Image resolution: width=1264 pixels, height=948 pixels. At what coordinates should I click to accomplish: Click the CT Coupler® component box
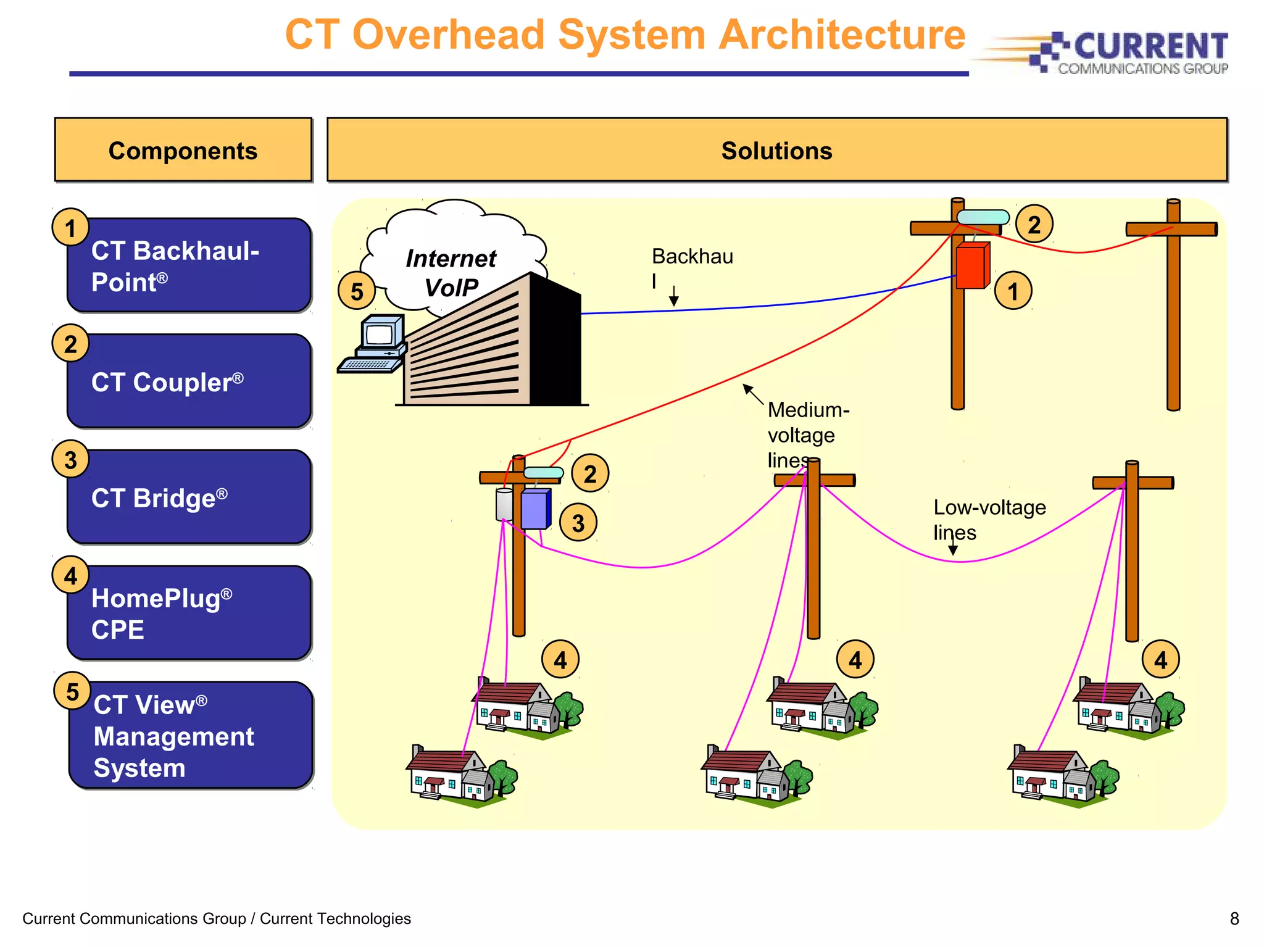pyautogui.click(x=189, y=381)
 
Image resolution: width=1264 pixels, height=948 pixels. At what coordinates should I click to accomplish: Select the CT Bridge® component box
pyautogui.click(x=189, y=497)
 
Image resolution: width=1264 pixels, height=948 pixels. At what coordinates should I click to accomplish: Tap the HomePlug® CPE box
pyautogui.click(x=189, y=613)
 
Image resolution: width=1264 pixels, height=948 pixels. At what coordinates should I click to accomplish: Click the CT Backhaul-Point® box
pyautogui.click(x=189, y=265)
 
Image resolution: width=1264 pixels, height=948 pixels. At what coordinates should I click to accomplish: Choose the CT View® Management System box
pyautogui.click(x=190, y=736)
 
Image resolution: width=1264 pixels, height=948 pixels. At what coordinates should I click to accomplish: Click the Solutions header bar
pyautogui.click(x=776, y=150)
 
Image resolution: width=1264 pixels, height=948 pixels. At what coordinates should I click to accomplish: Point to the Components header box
pyautogui.click(x=183, y=150)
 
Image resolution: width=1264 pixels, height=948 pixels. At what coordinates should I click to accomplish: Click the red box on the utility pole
pyautogui.click(x=972, y=266)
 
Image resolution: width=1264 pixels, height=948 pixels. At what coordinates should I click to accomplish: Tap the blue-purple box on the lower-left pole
pyautogui.click(x=535, y=509)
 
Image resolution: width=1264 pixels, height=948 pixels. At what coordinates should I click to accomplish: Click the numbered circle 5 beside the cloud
pyautogui.click(x=357, y=291)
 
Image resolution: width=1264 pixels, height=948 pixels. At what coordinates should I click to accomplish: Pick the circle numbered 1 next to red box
pyautogui.click(x=1013, y=291)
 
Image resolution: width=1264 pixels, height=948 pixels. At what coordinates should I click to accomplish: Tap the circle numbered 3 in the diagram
pyautogui.click(x=578, y=523)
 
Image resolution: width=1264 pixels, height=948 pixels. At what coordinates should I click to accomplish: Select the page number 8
pyautogui.click(x=1234, y=918)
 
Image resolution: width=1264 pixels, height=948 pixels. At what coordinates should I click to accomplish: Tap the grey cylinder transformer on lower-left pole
pyautogui.click(x=504, y=505)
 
